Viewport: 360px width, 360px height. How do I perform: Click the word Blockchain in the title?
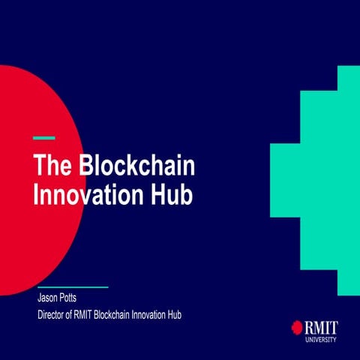tap(142, 165)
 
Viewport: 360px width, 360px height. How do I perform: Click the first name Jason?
tap(49, 298)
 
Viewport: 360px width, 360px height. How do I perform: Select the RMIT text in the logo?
tap(321, 326)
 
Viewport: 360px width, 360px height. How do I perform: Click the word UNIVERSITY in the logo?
tap(321, 339)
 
